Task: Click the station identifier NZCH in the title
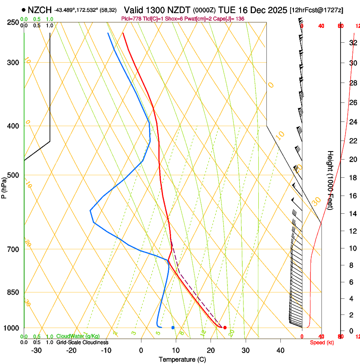40,10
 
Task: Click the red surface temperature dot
225,328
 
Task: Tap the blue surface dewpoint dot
173,328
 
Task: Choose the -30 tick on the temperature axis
36,350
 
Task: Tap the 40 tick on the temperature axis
280,350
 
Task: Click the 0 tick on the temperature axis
141,350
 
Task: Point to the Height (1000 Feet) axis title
330,180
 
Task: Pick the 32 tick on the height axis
352,43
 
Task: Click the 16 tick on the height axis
352,196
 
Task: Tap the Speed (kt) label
322,342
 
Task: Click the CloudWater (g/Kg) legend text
76,336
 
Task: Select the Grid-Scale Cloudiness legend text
82,342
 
